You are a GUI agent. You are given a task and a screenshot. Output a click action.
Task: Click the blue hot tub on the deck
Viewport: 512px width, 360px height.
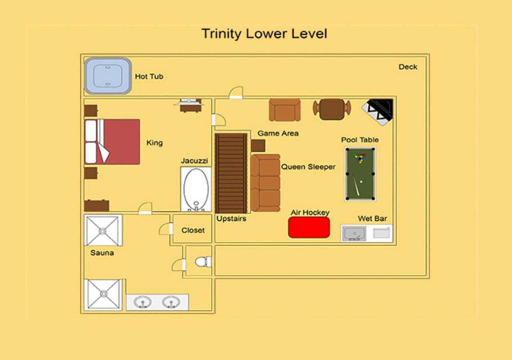click(x=108, y=76)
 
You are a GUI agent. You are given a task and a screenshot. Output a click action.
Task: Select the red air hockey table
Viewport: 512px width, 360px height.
click(x=309, y=228)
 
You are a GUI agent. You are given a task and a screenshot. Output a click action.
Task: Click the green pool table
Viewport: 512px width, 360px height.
click(x=360, y=174)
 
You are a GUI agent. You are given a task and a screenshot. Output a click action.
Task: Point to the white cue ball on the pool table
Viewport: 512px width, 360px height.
click(x=361, y=182)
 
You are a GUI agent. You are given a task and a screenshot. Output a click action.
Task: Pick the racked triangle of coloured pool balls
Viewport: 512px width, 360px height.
click(x=360, y=158)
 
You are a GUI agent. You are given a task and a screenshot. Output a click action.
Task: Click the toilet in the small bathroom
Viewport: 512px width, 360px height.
click(x=203, y=262)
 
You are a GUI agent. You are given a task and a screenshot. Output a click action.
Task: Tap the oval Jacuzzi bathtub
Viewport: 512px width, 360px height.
click(x=196, y=189)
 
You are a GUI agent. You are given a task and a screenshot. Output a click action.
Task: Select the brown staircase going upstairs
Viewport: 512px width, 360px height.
click(x=231, y=173)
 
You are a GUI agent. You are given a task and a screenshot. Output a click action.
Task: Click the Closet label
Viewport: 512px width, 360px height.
click(x=193, y=230)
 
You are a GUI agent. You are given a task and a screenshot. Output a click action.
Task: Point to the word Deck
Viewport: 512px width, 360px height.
click(x=408, y=67)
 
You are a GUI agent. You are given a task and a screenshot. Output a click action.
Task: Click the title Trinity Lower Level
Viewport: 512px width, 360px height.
click(x=264, y=34)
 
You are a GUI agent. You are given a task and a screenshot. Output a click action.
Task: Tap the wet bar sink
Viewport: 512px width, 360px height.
click(x=354, y=234)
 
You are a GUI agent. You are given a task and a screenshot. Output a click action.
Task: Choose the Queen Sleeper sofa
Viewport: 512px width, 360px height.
click(x=265, y=183)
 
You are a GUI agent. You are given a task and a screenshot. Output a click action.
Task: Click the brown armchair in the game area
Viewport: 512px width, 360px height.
click(x=284, y=110)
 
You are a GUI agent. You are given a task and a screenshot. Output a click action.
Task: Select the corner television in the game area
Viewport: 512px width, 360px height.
click(x=378, y=112)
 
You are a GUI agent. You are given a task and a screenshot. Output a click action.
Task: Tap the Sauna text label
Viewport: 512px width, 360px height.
click(x=102, y=253)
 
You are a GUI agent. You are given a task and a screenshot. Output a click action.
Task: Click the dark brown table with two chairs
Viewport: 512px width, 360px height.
click(x=332, y=109)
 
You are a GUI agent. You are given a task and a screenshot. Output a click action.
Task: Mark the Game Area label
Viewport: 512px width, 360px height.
click(x=278, y=133)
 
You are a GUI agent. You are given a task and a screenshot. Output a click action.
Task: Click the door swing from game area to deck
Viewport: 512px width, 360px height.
click(x=236, y=92)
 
